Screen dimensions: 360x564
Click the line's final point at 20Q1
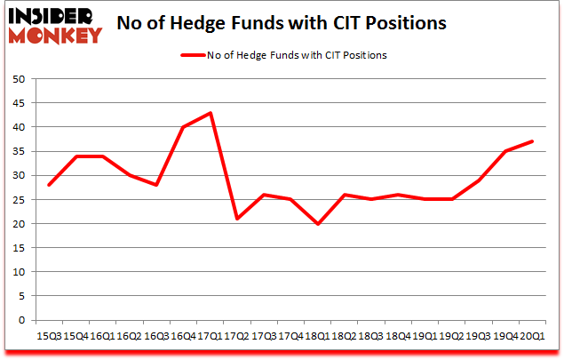(532, 141)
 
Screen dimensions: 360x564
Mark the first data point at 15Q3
(50, 185)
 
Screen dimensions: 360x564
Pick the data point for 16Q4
(184, 127)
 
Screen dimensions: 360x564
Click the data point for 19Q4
(505, 151)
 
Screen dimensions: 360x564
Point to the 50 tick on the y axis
(18, 79)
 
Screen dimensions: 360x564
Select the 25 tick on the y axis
(18, 199)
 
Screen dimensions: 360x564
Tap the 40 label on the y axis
(18, 127)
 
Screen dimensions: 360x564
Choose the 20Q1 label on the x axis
(533, 336)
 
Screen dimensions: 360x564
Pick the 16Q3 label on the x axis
(156, 336)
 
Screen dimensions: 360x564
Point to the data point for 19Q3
(479, 180)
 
